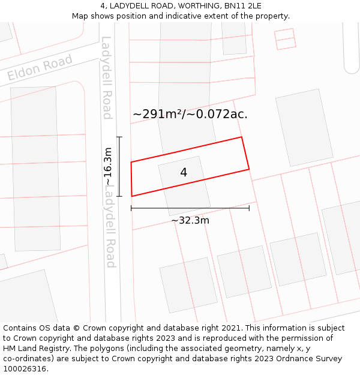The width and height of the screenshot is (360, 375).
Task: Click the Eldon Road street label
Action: (40, 67)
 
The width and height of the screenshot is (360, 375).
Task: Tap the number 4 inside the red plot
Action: (184, 172)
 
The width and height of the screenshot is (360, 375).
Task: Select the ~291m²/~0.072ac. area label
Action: (190, 114)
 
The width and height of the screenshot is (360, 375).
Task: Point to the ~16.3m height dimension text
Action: (107, 166)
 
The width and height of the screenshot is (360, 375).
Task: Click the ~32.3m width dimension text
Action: (190, 220)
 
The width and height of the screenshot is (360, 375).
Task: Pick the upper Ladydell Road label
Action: (107, 78)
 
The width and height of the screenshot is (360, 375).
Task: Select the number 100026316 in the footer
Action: (26, 368)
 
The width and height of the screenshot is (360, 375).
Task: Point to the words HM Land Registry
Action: (37, 349)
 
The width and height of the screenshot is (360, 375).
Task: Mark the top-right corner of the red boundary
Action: (241, 137)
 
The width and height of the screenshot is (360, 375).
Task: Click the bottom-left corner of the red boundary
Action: (132, 196)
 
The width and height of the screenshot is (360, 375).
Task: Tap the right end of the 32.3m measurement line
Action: (249, 208)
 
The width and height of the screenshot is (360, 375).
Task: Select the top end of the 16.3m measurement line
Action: (119, 137)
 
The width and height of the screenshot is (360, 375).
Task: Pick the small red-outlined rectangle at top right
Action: (285, 38)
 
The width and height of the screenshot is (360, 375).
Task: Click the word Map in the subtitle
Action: (81, 16)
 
